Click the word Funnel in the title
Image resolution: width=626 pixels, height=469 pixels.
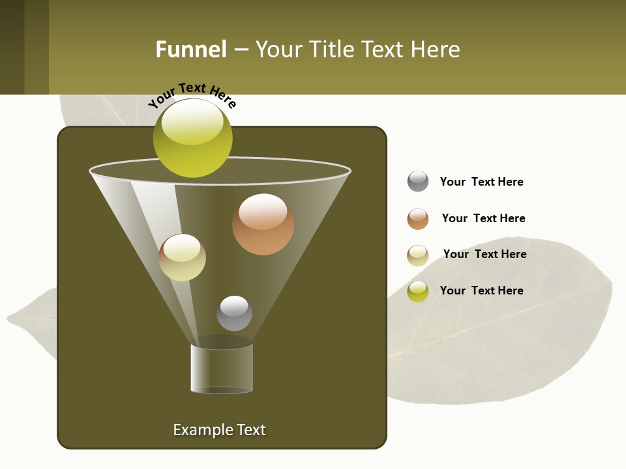(190, 50)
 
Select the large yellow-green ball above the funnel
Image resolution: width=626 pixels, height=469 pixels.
(192, 137)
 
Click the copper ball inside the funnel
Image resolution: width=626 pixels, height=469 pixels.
(263, 224)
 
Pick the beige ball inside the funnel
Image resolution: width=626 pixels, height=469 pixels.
(182, 257)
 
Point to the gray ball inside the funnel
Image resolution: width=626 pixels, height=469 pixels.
(234, 313)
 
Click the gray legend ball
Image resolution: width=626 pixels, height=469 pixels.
(418, 181)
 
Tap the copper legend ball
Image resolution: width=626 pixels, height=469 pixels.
(418, 219)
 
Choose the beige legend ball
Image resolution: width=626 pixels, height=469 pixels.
(418, 255)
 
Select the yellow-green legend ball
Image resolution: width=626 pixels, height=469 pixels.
(418, 291)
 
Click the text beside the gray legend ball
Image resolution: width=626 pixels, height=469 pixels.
(481, 182)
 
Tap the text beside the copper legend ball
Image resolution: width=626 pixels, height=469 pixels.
(483, 218)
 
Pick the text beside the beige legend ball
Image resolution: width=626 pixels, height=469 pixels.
(484, 254)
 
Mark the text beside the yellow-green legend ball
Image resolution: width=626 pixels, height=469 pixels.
(481, 291)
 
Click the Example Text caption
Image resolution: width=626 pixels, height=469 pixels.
(219, 430)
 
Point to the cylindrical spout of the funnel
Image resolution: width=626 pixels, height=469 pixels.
(222, 368)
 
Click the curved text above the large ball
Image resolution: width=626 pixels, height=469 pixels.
(192, 95)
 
